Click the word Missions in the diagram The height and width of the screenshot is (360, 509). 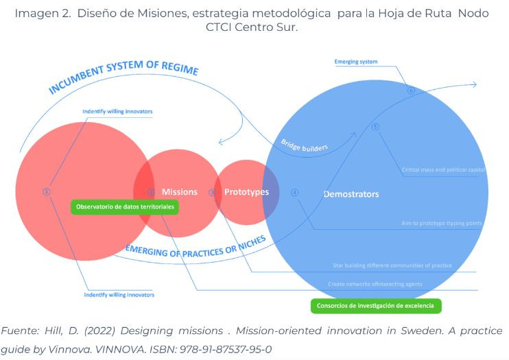click(x=180, y=192)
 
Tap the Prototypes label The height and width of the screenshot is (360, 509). click(x=247, y=192)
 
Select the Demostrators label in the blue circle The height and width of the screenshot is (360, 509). click(x=351, y=194)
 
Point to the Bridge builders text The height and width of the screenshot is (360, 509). click(x=304, y=145)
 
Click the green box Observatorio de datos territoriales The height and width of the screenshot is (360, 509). click(x=125, y=206)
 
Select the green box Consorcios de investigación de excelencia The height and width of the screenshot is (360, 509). click(x=375, y=306)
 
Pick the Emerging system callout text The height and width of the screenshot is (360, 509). click(x=355, y=62)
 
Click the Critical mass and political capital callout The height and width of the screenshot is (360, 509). click(x=443, y=169)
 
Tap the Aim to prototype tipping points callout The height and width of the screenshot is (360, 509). click(x=442, y=223)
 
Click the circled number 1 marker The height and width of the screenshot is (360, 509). click(x=47, y=192)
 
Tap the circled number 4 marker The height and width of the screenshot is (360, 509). click(x=295, y=192)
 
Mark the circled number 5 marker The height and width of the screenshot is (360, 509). click(x=375, y=127)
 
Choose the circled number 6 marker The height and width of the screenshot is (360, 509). click(x=411, y=90)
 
